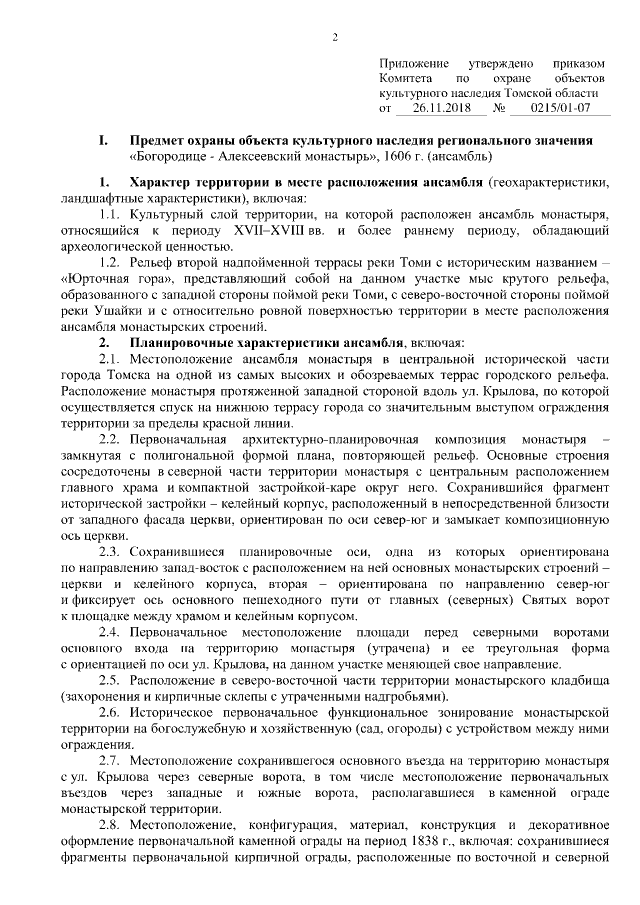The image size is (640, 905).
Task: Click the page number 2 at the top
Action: [335, 37]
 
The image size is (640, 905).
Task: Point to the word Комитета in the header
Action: [405, 78]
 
